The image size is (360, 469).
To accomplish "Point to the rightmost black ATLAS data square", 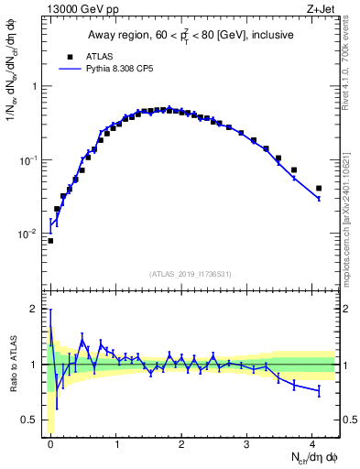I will point(319,188).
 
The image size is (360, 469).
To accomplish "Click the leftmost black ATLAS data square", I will point(50,241).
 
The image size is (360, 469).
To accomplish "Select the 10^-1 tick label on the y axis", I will point(31,159).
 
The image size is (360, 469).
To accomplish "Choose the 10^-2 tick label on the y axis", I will point(31,234).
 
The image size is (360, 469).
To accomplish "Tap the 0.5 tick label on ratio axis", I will point(31,420).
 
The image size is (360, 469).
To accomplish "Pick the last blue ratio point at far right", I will point(319,391).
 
